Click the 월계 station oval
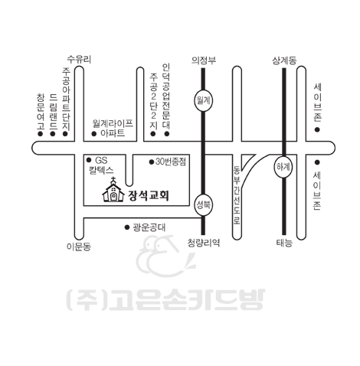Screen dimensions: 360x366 tap(203, 100)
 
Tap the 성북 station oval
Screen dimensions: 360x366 tap(203, 205)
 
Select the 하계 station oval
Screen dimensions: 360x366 tap(283, 167)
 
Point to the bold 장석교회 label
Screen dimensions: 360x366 tap(149, 195)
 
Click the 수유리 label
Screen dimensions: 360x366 tap(79, 60)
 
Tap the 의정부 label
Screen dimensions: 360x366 tap(204, 60)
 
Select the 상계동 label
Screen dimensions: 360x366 tap(284, 60)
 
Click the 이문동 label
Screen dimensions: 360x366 tap(79, 247)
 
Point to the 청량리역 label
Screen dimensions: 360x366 tap(204, 243)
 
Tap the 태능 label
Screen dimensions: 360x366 tap(284, 243)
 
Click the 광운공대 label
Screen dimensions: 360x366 tap(149, 227)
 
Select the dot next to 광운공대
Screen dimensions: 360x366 tap(127, 227)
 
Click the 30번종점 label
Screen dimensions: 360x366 tap(171, 162)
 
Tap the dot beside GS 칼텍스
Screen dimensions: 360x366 tap(89, 160)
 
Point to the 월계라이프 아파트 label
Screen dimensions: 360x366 tap(113, 129)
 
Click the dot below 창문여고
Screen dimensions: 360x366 tap(40, 134)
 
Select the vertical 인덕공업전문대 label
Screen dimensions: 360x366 tap(166, 96)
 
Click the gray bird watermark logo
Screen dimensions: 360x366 tap(165, 256)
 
